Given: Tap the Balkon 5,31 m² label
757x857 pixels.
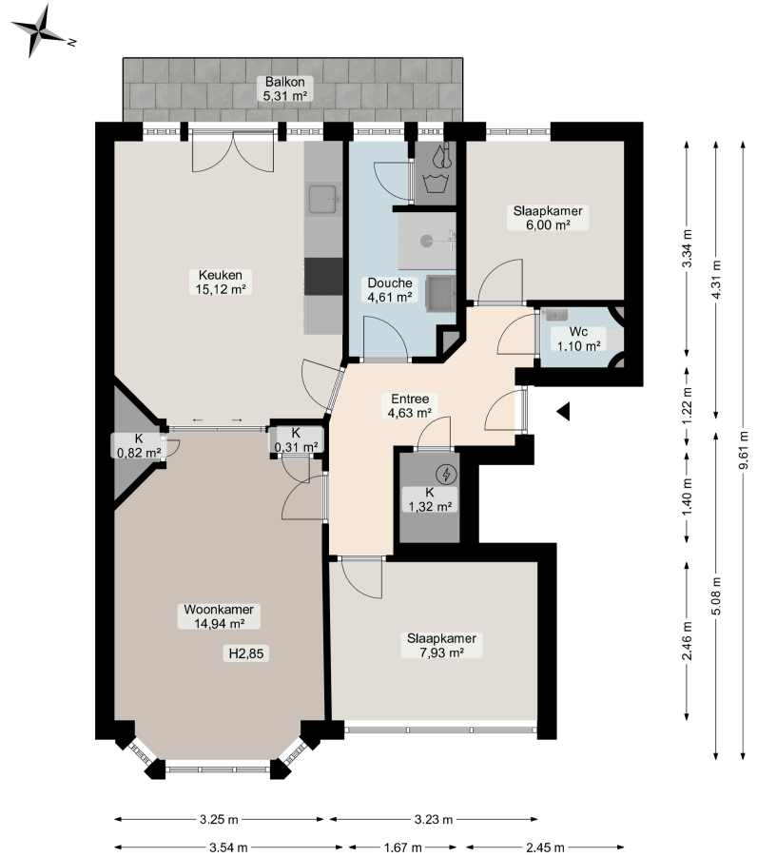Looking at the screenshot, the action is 284,88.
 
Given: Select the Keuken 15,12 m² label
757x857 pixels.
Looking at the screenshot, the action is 221,282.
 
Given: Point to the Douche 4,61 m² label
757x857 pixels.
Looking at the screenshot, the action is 390,290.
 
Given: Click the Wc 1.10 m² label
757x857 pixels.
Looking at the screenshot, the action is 578,339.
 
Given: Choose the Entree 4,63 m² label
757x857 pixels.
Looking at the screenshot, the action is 410,406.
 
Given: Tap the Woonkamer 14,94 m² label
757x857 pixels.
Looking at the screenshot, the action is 219,616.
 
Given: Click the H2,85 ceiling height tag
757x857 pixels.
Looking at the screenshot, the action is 246,653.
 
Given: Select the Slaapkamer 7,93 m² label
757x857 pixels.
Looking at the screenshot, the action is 441,646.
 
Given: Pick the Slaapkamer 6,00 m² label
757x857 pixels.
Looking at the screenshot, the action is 548,218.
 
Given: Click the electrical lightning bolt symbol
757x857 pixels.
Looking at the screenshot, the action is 447,475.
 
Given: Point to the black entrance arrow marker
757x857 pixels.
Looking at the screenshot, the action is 564,412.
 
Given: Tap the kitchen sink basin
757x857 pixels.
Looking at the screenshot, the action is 322,200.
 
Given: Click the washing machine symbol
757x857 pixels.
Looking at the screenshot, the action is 436,183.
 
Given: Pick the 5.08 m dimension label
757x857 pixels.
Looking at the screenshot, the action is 716,595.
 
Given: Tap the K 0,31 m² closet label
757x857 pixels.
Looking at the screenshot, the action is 297,440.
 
